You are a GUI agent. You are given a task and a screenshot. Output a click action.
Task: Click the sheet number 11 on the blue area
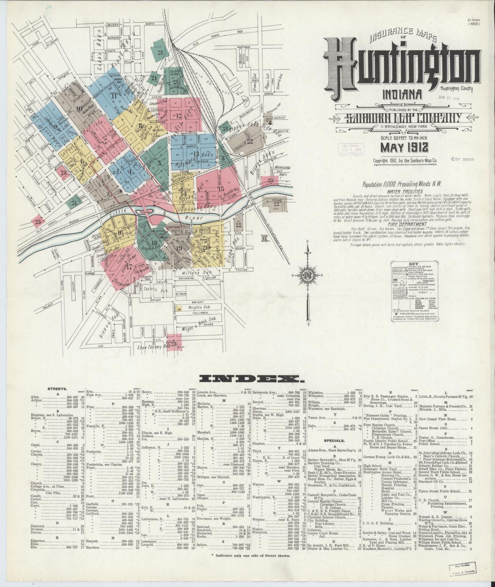pos(114,96)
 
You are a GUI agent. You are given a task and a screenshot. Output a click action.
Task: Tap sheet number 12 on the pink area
pos(179,116)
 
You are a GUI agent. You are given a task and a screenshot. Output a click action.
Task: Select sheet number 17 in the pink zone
pos(129,266)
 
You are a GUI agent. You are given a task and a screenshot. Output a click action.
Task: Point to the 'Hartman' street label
pos(243,47)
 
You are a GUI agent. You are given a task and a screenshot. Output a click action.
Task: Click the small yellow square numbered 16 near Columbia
pos(179,309)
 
